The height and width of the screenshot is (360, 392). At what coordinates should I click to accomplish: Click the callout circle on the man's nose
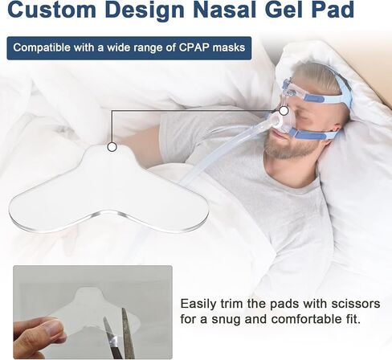(x=284, y=110)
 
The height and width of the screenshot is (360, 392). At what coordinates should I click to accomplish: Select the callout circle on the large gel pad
(x=112, y=147)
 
